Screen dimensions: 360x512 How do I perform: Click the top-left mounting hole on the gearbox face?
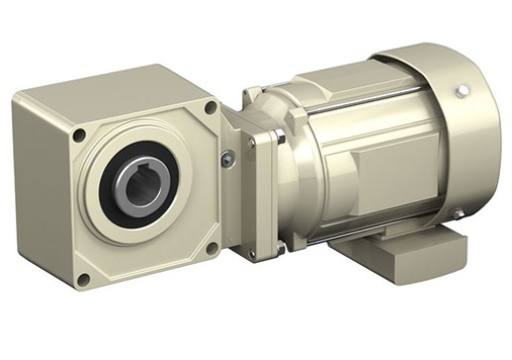click(78, 134)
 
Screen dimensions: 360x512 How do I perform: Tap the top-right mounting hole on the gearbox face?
click(210, 106)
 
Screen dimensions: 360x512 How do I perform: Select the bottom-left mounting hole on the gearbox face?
click(83, 280)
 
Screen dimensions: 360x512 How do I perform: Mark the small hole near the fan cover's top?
click(462, 90)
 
